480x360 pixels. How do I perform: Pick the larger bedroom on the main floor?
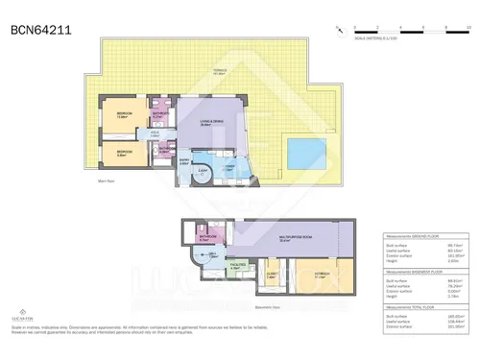pyautogui.click(x=123, y=116)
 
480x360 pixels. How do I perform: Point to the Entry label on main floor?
pyautogui.click(x=184, y=161)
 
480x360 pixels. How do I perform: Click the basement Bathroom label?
pyautogui.click(x=204, y=236)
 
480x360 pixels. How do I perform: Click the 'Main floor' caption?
pyautogui.click(x=108, y=180)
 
